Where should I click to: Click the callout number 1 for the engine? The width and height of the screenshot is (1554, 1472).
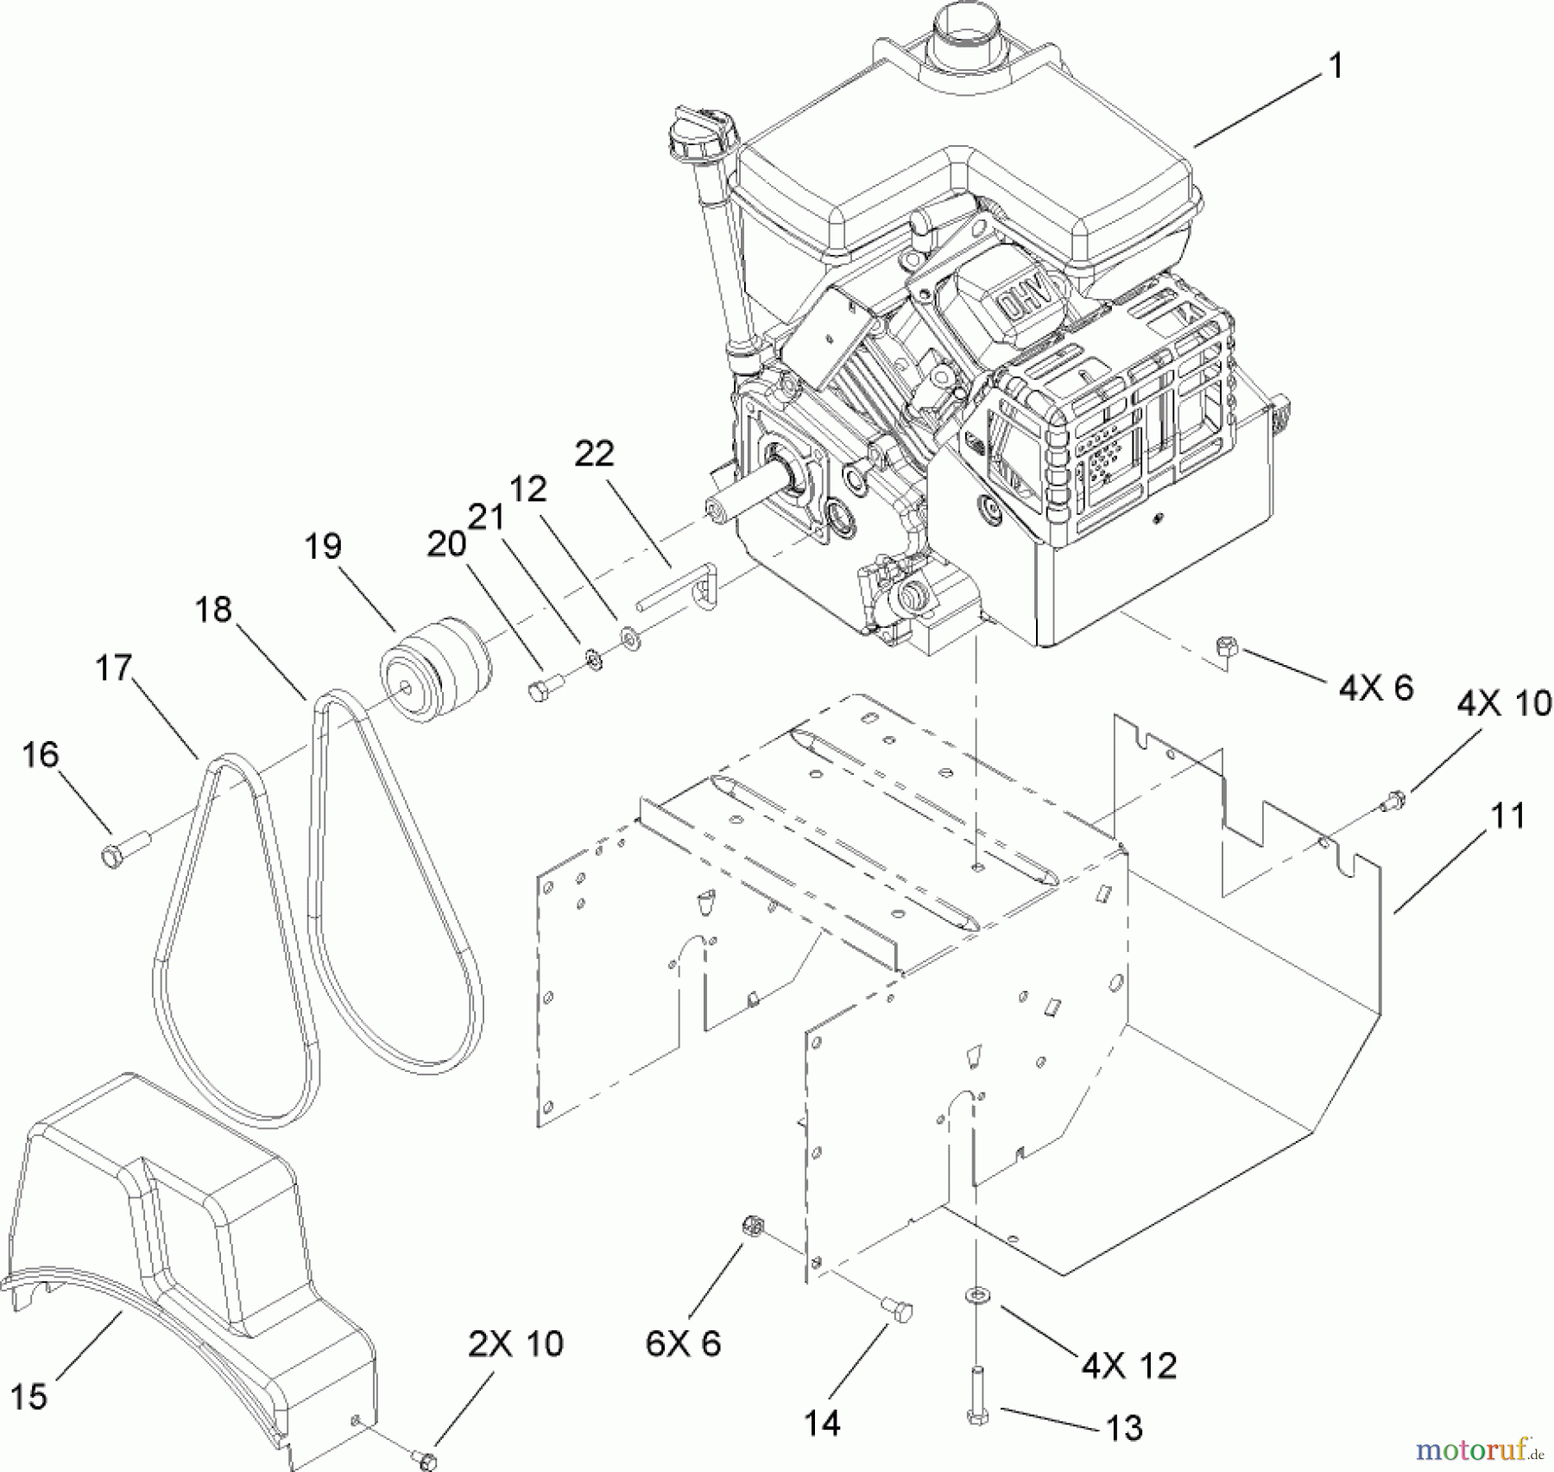(1335, 66)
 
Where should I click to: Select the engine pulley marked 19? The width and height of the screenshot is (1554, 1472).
(436, 669)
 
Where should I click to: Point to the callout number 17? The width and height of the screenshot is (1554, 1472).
(113, 668)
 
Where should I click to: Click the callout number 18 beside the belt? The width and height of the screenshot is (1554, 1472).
(213, 610)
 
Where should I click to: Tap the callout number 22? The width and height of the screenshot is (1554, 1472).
(594, 454)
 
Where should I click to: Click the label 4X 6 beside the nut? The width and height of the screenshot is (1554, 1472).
(1375, 688)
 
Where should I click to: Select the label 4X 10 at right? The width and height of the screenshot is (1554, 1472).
(1504, 703)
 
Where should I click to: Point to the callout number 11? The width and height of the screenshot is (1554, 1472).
(1507, 815)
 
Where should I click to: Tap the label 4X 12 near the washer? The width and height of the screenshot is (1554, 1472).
(1128, 1366)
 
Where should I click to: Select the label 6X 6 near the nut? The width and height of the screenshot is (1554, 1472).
(682, 1343)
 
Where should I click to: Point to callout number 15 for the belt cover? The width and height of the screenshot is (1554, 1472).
(28, 1396)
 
